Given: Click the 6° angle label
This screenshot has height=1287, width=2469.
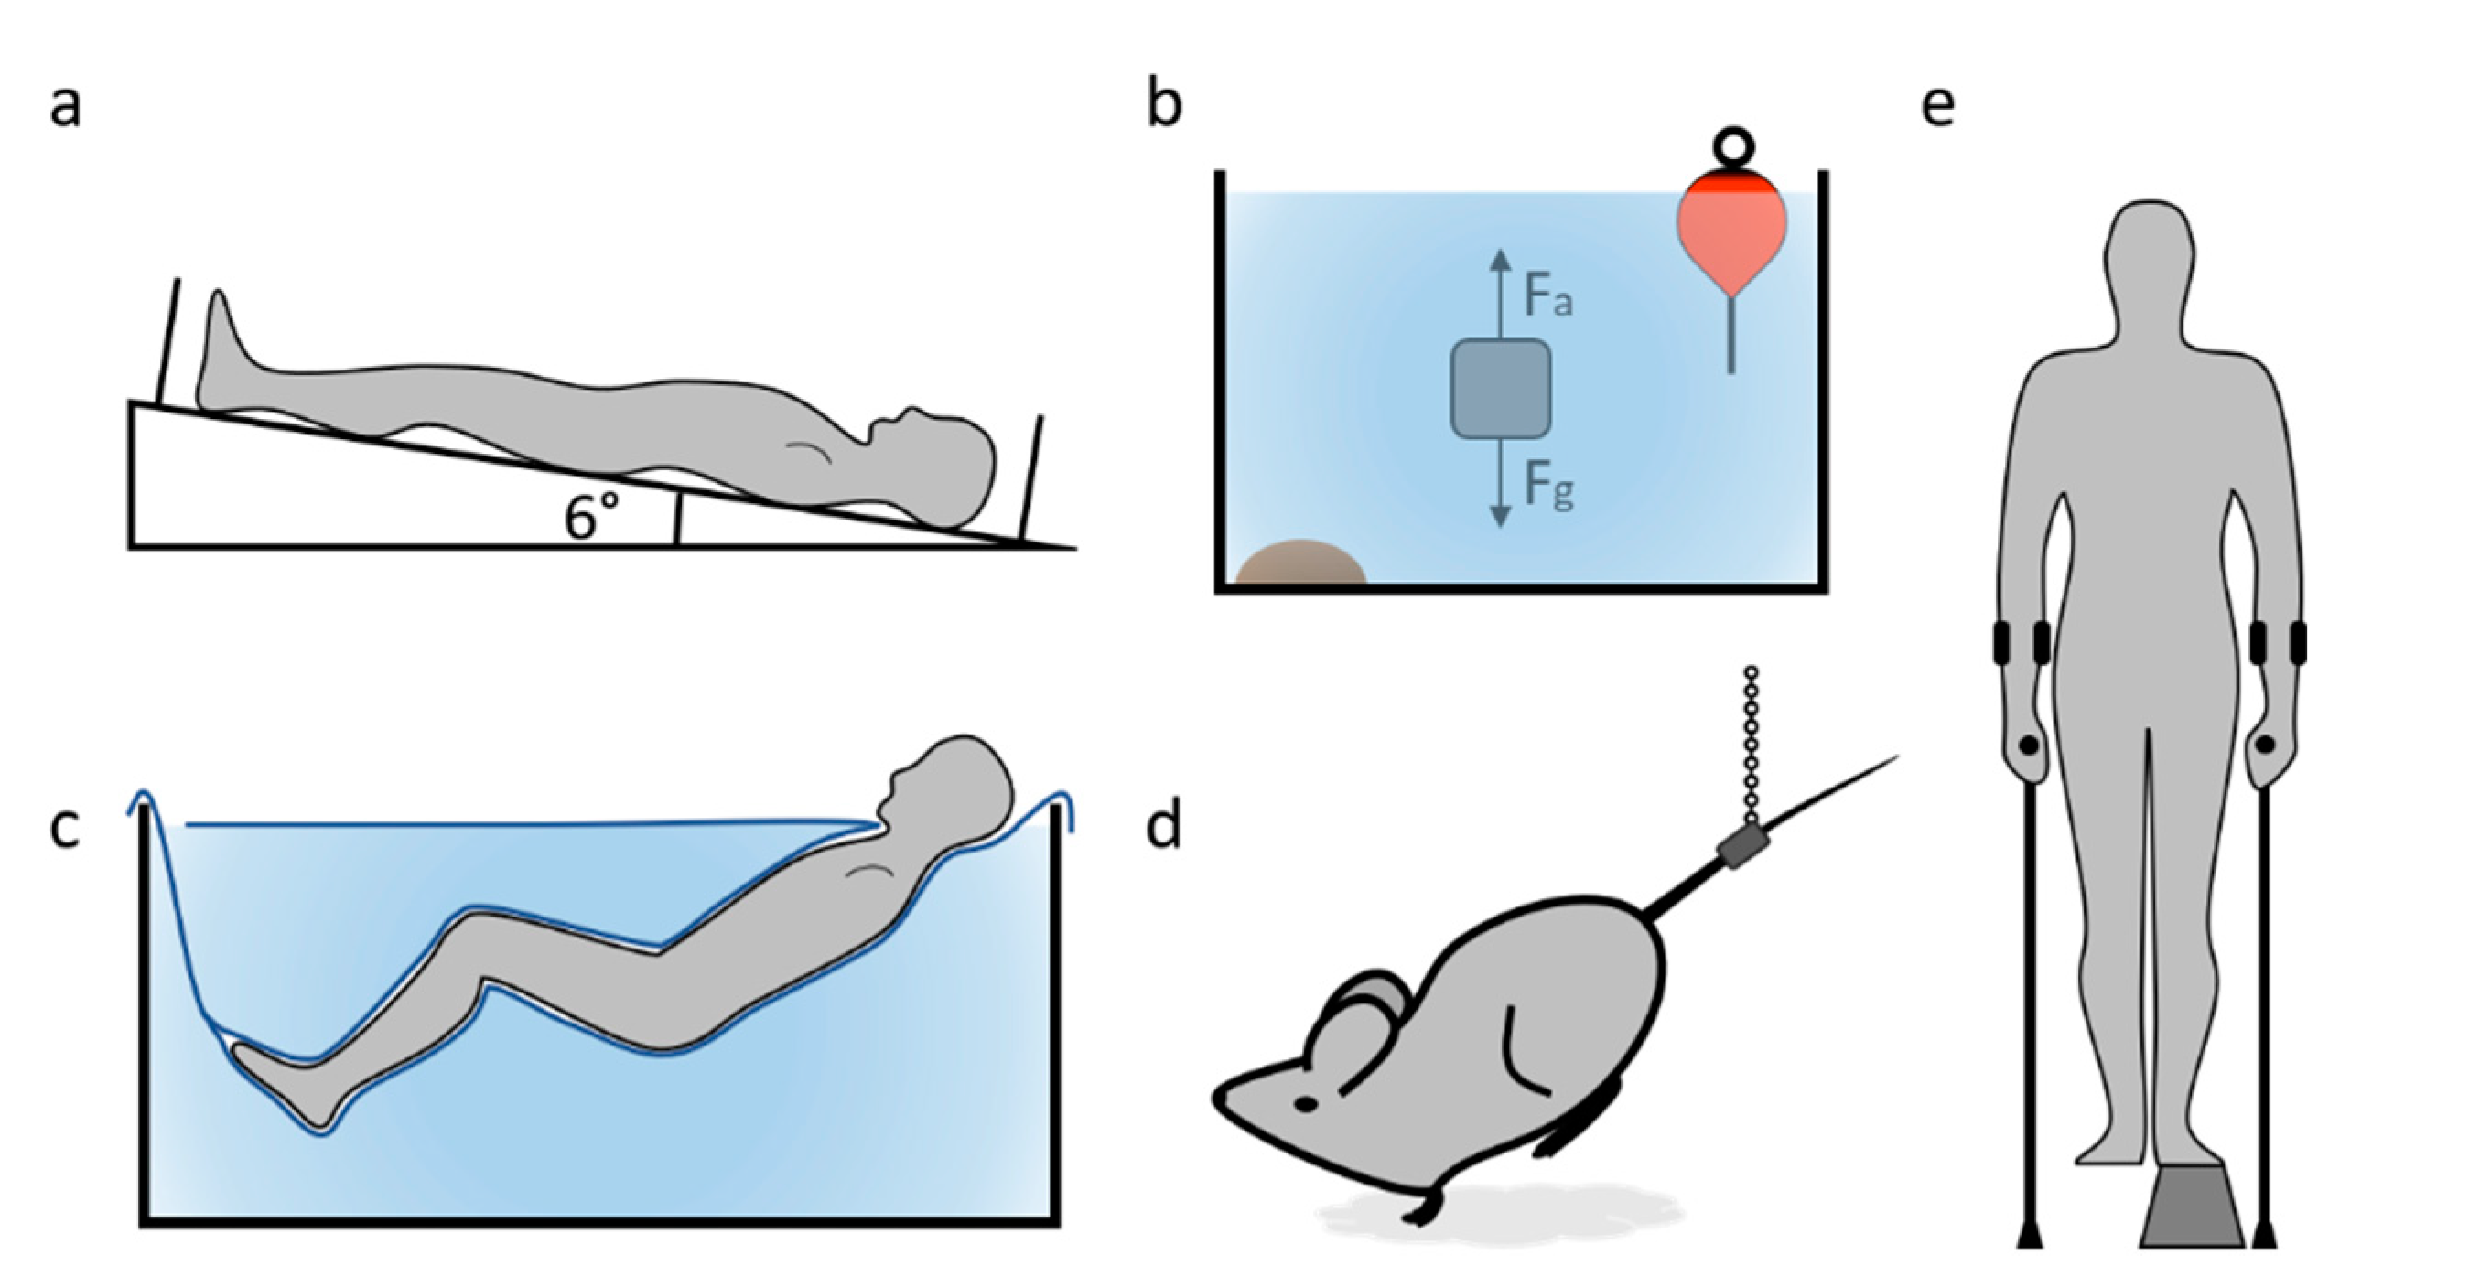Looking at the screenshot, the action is click(x=591, y=518).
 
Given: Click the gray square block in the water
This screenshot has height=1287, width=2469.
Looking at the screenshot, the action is click(x=1500, y=388).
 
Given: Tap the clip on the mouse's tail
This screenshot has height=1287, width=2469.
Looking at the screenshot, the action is click(x=1741, y=848).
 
